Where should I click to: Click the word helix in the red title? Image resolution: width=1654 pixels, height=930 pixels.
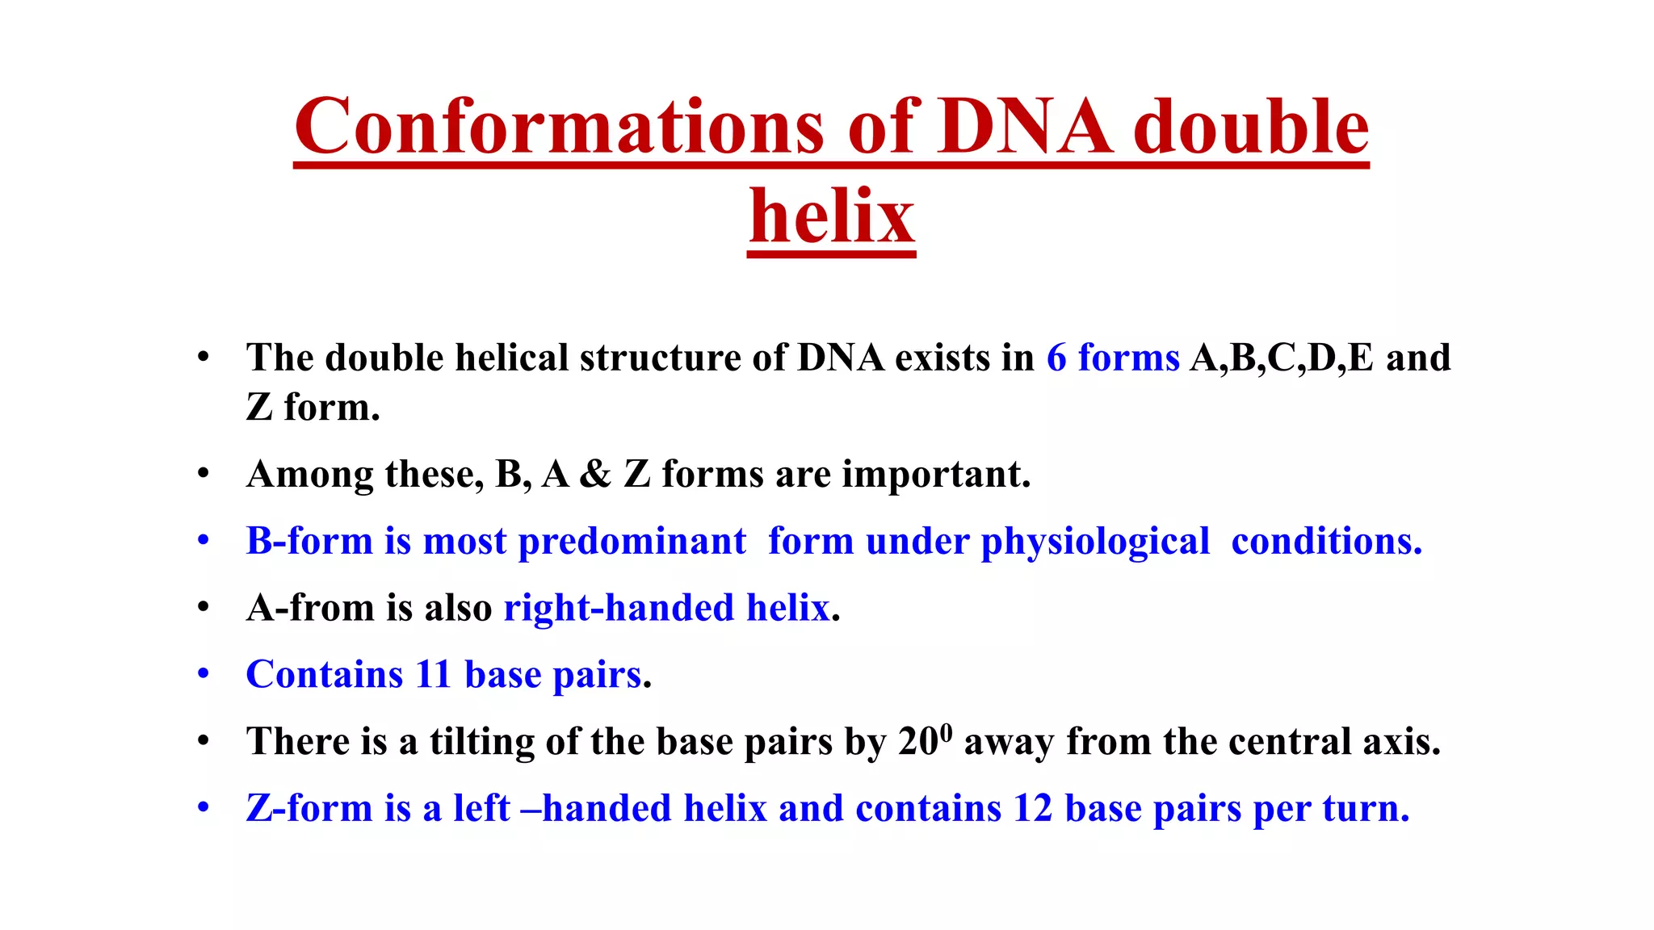832,216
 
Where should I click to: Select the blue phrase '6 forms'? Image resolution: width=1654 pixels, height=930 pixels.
1113,358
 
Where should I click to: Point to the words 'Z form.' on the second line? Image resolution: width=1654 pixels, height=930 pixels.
313,407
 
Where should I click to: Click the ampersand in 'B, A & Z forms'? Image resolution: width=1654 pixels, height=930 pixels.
595,474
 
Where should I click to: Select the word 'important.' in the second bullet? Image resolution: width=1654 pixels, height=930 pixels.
936,474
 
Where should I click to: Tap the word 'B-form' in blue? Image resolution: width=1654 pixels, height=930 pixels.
309,541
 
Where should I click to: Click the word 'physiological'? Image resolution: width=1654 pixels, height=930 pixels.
1095,541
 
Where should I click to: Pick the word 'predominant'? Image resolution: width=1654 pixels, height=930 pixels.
632,541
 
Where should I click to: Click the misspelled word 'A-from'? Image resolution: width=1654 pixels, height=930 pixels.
310,608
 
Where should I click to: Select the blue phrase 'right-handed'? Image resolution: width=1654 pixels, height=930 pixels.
618,608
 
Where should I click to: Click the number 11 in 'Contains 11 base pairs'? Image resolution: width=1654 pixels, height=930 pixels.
433,675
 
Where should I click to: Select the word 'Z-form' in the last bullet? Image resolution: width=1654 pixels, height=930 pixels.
309,809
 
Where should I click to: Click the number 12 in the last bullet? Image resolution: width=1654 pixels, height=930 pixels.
1033,809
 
